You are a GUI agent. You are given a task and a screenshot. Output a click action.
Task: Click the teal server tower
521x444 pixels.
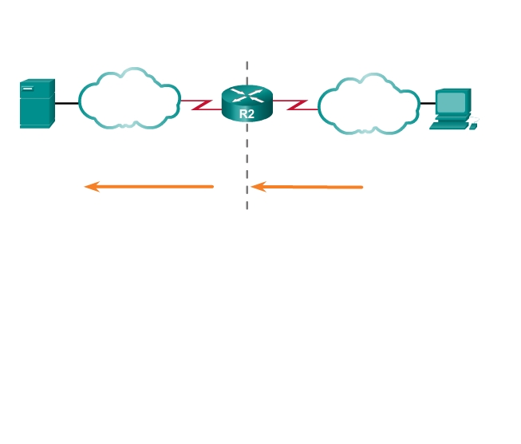point(37,104)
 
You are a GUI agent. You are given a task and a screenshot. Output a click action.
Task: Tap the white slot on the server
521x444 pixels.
point(27,89)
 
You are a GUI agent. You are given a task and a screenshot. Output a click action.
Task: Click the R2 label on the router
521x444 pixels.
point(247,114)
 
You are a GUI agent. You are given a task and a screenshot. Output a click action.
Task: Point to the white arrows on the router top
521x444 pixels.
point(247,96)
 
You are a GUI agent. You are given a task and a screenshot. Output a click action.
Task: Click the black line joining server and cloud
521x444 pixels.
point(66,103)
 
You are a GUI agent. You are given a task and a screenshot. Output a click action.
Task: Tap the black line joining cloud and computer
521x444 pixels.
point(427,103)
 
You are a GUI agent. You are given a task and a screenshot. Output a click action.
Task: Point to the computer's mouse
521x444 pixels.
point(473,126)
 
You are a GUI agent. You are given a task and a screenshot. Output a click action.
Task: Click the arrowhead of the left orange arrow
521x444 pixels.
point(91,187)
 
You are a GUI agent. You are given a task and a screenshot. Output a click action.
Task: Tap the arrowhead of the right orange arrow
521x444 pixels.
point(258,187)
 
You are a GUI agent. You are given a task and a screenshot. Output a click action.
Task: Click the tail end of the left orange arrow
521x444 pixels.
point(211,187)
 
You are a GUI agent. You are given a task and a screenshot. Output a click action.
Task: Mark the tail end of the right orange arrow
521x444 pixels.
point(361,187)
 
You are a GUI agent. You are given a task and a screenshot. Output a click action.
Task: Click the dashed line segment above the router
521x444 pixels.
point(247,72)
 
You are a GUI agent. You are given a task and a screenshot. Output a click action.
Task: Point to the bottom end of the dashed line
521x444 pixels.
point(247,207)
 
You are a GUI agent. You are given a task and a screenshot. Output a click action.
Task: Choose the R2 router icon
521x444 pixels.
point(247,104)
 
